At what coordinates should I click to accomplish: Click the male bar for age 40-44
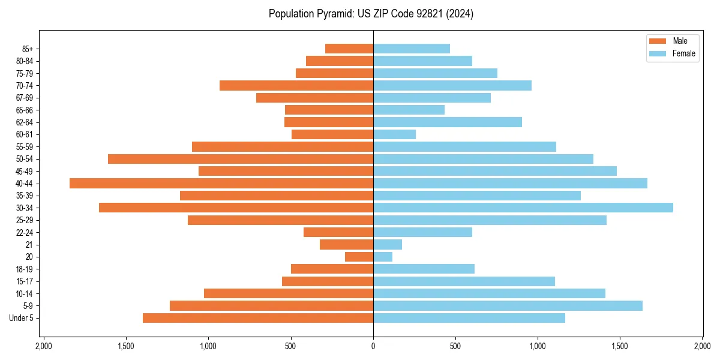[221, 183]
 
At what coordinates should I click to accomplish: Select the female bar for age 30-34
[523, 208]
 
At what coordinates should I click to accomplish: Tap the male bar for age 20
[359, 257]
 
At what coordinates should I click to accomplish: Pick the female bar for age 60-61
[394, 134]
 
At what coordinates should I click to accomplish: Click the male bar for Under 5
[258, 318]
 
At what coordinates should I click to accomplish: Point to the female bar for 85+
[412, 49]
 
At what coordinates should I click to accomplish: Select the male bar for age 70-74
[296, 85]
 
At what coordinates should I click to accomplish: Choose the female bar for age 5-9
[508, 305]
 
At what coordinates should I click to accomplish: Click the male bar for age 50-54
[241, 159]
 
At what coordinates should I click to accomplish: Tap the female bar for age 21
[388, 244]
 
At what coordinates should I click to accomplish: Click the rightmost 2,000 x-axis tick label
[702, 347]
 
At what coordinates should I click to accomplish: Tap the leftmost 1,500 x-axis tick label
[126, 347]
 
